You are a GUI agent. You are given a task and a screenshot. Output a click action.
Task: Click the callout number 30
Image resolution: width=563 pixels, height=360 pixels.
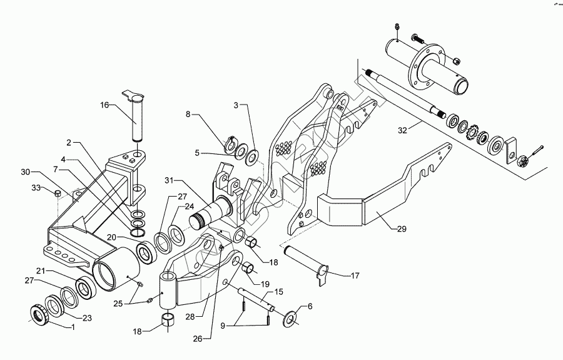[x=25, y=171]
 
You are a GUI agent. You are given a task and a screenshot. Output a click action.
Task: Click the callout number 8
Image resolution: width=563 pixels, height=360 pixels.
[x=187, y=115]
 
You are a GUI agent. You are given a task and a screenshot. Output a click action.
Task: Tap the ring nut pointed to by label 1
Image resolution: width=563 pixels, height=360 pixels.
[x=42, y=312]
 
